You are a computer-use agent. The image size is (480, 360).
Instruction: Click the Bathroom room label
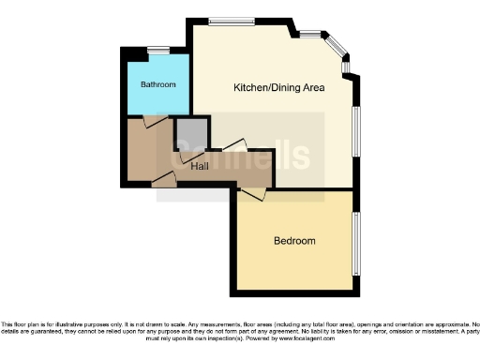(158, 85)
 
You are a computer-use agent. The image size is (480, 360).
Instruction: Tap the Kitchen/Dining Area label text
(278, 88)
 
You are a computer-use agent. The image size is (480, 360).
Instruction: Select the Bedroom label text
(294, 241)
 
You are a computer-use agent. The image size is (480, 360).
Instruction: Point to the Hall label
(200, 167)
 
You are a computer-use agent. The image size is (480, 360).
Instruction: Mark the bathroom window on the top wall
(158, 49)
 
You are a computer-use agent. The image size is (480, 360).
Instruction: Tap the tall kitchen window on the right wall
(355, 131)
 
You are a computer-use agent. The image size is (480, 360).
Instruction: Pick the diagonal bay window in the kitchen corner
(335, 47)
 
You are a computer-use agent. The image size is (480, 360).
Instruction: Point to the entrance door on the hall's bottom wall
(163, 178)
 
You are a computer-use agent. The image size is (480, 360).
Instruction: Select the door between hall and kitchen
(234, 146)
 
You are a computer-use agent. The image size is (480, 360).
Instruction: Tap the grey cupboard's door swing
(184, 156)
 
